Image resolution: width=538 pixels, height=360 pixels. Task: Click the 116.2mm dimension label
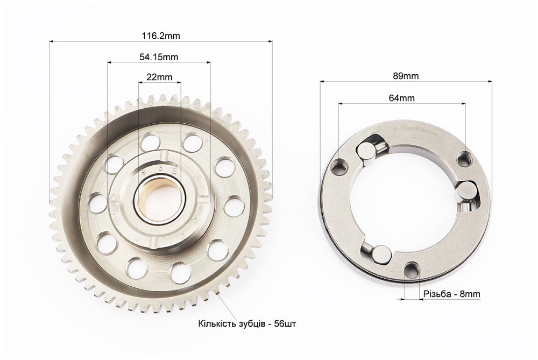pyautogui.click(x=160, y=36)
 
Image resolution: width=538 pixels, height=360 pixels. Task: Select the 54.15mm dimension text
pyautogui.click(x=159, y=57)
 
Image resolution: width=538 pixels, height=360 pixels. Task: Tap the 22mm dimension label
pyautogui.click(x=160, y=77)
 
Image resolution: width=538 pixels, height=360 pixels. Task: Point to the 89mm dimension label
pyautogui.click(x=406, y=76)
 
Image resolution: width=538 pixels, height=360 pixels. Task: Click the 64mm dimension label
pyautogui.click(x=402, y=98)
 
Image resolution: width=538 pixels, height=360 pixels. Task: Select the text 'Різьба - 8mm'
pyautogui.click(x=452, y=294)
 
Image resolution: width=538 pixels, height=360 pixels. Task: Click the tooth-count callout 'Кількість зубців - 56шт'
pyautogui.click(x=247, y=323)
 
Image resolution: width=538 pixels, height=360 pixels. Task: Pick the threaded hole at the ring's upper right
pyautogui.click(x=464, y=159)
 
